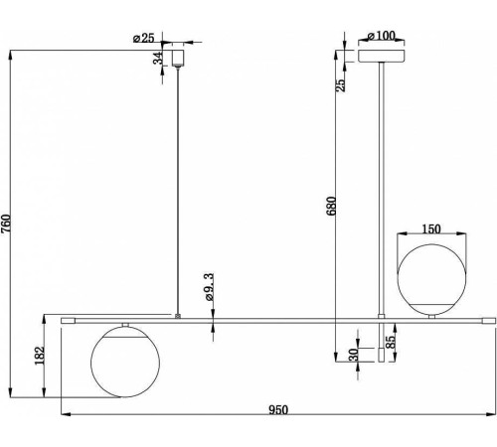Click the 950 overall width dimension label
[x=278, y=410]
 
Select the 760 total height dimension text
[x=6, y=224]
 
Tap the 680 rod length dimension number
[x=331, y=206]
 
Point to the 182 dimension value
[x=40, y=356]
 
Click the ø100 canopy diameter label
[x=381, y=36]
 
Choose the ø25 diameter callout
[x=144, y=38]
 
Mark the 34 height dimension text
[x=158, y=58]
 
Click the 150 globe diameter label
[x=431, y=228]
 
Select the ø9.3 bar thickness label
[x=210, y=287]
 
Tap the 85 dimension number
[x=391, y=342]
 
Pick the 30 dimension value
[x=354, y=355]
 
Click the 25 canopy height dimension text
[x=340, y=85]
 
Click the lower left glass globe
[x=125, y=362]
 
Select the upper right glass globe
[x=431, y=280]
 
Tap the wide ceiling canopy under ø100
[x=382, y=56]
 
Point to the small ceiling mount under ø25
[x=178, y=57]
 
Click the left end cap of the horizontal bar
[x=69, y=321]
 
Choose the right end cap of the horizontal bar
[x=489, y=321]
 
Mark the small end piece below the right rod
[x=382, y=355]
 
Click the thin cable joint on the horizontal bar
[x=178, y=316]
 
